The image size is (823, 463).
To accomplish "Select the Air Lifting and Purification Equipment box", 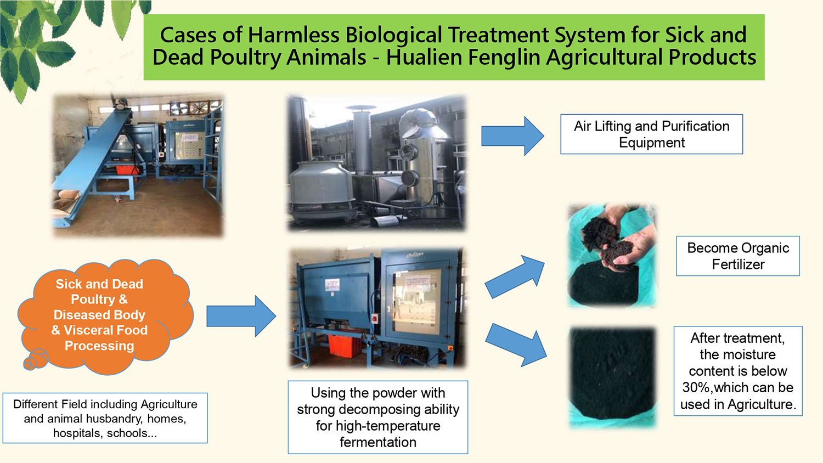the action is pos(651,134).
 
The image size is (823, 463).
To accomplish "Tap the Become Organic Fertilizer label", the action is pos(738,256).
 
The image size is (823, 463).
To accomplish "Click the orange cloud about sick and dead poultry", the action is pos(105,316).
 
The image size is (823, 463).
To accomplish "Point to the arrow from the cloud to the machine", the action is pos(241,316).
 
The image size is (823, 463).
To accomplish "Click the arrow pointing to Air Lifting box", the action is pos(512,136).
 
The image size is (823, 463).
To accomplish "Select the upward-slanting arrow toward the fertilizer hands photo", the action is pos(515,276).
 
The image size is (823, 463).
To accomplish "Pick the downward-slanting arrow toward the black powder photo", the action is pos(516,345).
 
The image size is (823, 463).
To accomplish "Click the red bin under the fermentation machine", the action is pos(345,346).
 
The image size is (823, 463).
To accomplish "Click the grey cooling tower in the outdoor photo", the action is pos(321,189).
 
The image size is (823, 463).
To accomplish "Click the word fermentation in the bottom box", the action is pos(377,442).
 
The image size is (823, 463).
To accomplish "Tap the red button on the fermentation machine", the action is pos(375,318).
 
